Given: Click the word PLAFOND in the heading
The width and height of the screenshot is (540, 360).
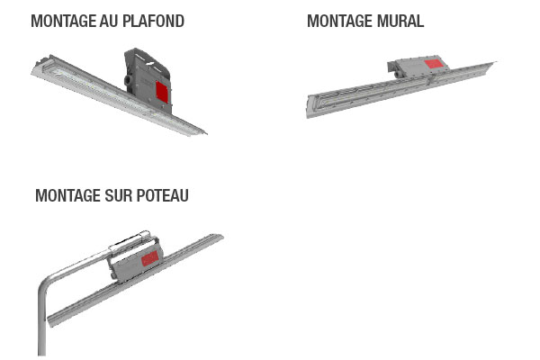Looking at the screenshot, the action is (x=153, y=21).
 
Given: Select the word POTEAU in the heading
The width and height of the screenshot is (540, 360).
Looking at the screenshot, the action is (x=163, y=195).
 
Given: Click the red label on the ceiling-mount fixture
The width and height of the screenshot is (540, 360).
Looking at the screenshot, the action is (x=162, y=92).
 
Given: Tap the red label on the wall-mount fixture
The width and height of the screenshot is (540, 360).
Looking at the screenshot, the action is (x=434, y=64).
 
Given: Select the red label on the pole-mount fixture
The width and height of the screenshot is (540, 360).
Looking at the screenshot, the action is (x=150, y=258).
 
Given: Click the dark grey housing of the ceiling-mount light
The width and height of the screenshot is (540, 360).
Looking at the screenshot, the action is (x=148, y=81).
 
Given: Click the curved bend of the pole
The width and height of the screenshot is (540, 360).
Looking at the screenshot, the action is (x=47, y=281).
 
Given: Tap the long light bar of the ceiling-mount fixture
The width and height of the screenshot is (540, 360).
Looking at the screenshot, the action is (x=117, y=94).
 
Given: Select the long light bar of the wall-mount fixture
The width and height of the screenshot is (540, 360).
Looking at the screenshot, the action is (x=400, y=90).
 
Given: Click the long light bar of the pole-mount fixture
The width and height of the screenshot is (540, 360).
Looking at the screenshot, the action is (x=134, y=281).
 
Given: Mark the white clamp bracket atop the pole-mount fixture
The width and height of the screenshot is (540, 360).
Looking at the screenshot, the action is (x=130, y=240).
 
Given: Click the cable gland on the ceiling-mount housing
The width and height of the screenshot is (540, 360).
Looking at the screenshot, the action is (x=128, y=80).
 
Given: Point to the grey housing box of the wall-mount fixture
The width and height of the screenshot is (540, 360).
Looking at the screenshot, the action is (x=418, y=67).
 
